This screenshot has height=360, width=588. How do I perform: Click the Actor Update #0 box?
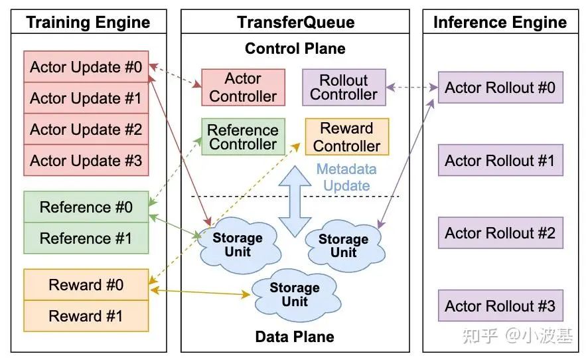pos(86,67)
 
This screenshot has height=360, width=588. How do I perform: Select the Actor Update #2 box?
pos(86,130)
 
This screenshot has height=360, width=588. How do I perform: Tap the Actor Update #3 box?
pos(86,161)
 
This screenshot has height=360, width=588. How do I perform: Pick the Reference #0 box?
pos(86,207)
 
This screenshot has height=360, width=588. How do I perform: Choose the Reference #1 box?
pos(86,238)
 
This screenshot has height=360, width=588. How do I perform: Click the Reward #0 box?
pos(86,285)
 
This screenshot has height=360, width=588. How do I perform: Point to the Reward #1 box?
pos(86,316)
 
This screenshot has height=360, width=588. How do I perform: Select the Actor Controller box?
pos(243,87)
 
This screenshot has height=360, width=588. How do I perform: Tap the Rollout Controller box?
pos(343,87)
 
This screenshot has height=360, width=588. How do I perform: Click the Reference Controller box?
pos(243,137)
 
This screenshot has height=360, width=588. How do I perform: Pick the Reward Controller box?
pos(346,137)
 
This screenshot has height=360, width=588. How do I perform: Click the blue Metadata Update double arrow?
pos(295,199)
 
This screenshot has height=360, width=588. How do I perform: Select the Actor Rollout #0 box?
pos(500,88)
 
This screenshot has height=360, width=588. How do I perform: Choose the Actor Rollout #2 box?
pos(500,233)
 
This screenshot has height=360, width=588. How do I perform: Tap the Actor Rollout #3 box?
pos(500,306)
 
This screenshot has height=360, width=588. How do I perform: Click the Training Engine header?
pos(88,22)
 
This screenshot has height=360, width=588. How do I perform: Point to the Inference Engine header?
pos(500,22)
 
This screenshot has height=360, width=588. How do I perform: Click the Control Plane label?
pos(295,48)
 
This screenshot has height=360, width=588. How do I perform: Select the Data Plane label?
pos(295,337)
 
